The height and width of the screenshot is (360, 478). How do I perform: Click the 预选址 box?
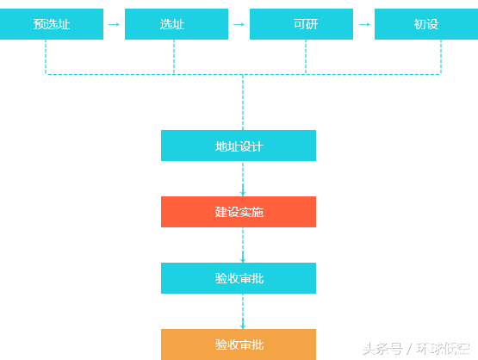(52, 24)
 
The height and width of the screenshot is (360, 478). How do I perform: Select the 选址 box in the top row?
(177, 24)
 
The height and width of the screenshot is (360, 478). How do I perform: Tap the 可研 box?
(301, 24)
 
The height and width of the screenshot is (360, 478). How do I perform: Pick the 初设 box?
(426, 24)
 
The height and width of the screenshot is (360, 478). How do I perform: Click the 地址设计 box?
(239, 146)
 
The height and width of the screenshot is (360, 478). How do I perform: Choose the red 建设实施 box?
(239, 212)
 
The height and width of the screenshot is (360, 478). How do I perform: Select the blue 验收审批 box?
(239, 278)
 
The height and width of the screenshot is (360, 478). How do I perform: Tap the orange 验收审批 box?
(239, 344)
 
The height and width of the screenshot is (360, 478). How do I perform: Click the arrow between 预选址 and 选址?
(114, 24)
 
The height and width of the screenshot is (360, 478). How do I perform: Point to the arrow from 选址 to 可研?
(239, 24)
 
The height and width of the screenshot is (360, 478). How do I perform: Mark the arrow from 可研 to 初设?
(364, 24)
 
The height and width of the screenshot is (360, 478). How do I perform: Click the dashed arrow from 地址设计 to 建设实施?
(243, 178)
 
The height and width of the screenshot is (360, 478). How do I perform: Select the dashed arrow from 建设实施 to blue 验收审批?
(243, 245)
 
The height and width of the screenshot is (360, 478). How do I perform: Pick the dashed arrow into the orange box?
(243, 311)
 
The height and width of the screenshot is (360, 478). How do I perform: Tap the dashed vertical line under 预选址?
(46, 57)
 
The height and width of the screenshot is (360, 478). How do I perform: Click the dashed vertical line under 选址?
(174, 57)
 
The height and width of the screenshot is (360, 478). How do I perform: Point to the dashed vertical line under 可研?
(306, 57)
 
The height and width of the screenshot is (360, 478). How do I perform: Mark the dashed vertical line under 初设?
(441, 57)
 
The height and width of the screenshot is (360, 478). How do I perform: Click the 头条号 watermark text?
(382, 349)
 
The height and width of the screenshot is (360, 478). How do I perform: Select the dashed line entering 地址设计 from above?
(243, 102)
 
